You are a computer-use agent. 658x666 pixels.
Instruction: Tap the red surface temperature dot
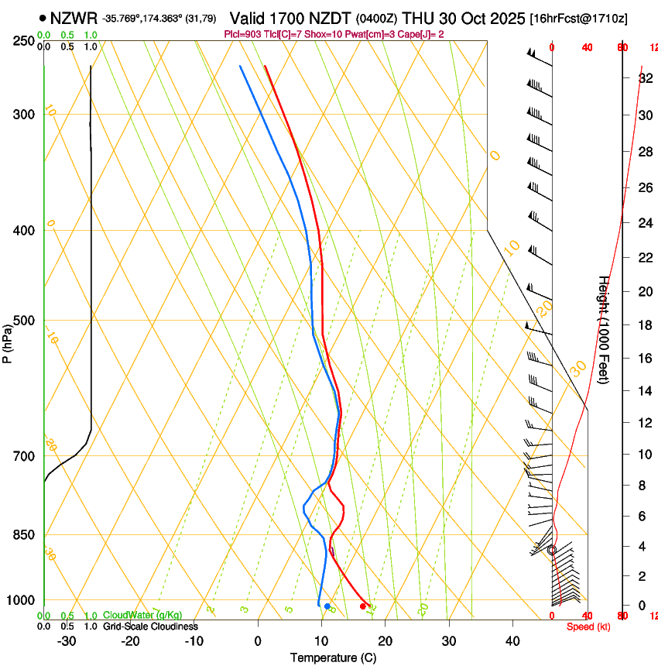click(x=363, y=606)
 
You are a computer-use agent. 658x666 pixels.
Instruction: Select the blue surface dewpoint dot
click(x=327, y=606)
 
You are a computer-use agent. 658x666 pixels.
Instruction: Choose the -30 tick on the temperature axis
click(x=67, y=641)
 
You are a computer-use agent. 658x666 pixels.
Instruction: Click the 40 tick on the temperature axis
click(x=512, y=641)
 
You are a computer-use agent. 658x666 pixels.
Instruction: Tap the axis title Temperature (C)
click(x=333, y=657)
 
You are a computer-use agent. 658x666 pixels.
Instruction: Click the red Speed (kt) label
click(x=588, y=627)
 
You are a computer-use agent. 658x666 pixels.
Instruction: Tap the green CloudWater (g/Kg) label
click(x=142, y=616)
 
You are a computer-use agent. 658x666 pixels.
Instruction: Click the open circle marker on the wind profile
click(x=552, y=550)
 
